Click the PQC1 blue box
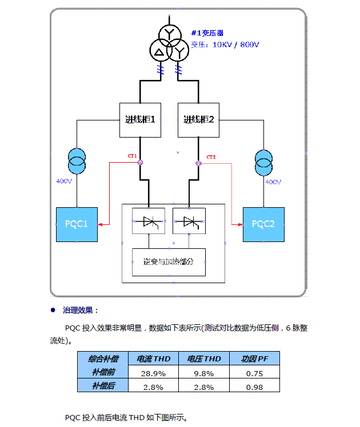77,224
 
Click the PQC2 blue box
263,224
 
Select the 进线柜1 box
140,120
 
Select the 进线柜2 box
199,120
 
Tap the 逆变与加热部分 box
169,262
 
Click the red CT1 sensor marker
140,163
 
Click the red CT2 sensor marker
199,163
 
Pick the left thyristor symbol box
149,221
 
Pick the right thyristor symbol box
189,221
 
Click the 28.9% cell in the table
154,373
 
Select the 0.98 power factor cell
254,386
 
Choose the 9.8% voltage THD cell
204,373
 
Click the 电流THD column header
154,359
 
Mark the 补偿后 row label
103,386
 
